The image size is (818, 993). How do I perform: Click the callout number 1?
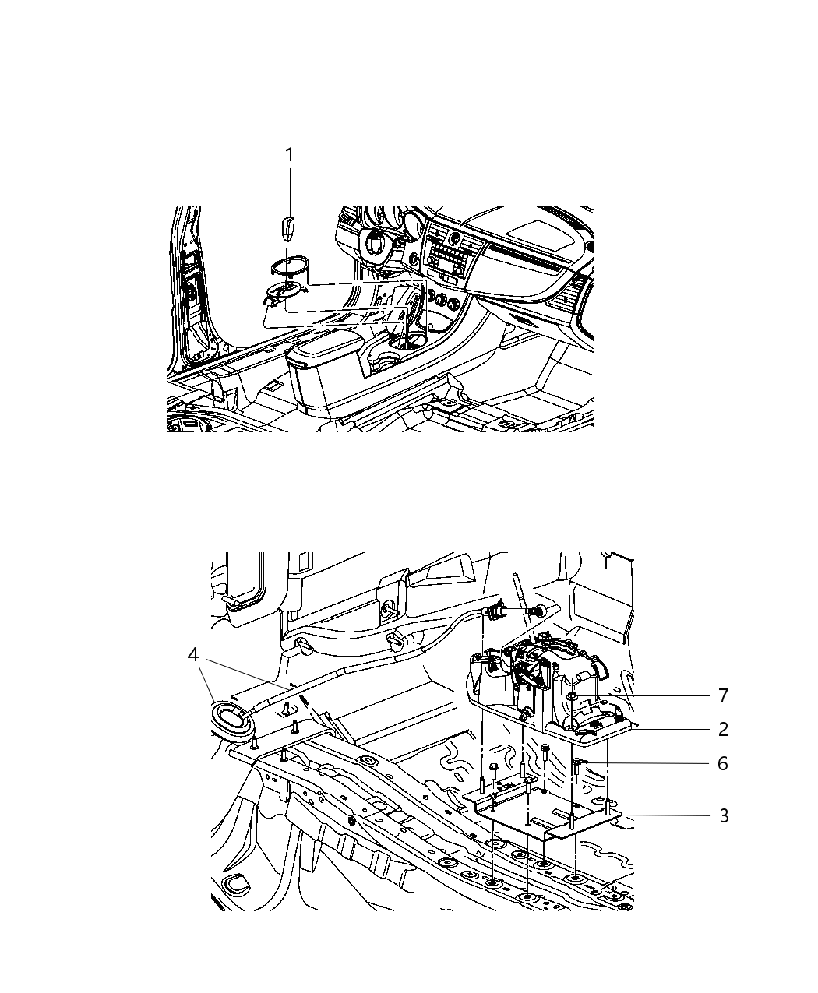pos(289,155)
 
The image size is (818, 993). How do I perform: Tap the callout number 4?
pos(193,655)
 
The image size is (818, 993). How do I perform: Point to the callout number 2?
pos(723,729)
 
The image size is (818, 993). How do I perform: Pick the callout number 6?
pos(723,763)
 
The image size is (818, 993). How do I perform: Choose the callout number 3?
pos(723,815)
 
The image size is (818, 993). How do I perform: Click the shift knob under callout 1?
pos(288,230)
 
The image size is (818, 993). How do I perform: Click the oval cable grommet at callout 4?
pos(231,714)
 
